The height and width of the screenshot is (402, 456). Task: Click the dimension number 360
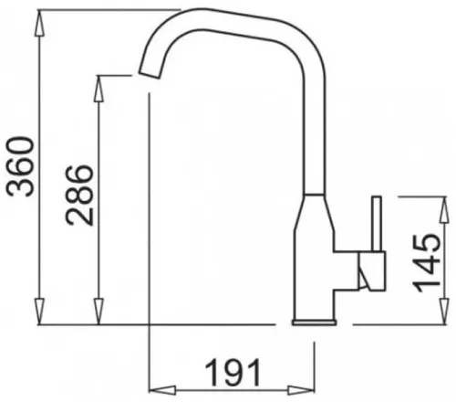(x=21, y=166)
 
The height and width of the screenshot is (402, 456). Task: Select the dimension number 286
(x=79, y=196)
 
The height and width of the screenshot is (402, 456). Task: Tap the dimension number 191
(x=233, y=372)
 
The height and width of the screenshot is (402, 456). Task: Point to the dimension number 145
(x=426, y=263)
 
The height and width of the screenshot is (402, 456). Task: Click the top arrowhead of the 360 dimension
(x=40, y=24)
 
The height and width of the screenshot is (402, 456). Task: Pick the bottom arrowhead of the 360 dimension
(x=40, y=312)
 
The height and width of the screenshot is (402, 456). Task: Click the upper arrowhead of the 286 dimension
(x=98, y=89)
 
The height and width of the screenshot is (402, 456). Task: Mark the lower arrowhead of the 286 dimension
(x=98, y=312)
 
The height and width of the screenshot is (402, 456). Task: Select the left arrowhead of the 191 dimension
(x=162, y=390)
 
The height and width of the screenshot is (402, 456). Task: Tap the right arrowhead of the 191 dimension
(x=301, y=390)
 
